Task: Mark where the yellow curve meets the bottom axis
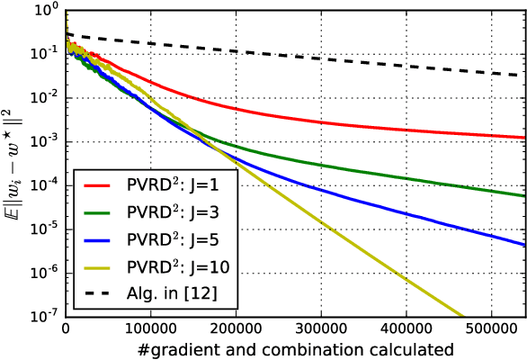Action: [x=464, y=316]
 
